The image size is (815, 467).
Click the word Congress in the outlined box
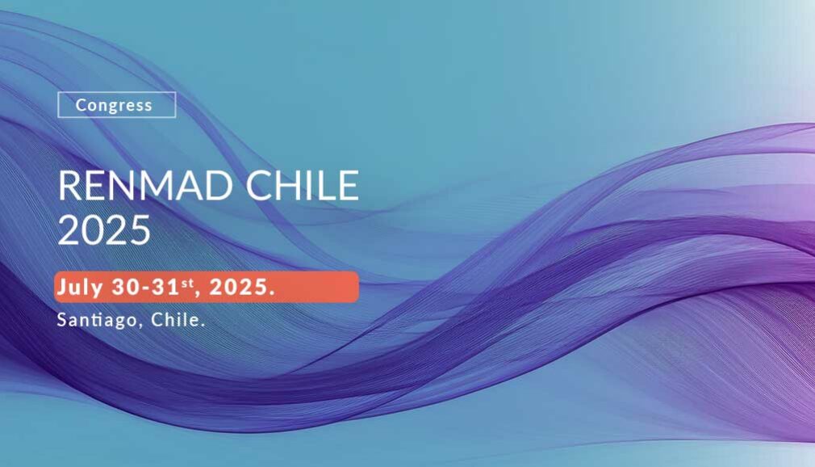(x=114, y=106)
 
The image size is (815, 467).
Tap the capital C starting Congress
(x=81, y=105)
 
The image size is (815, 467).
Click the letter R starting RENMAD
(x=69, y=185)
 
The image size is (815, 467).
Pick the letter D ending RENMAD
(x=220, y=185)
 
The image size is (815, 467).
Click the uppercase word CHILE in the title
(x=302, y=185)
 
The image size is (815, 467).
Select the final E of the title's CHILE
(x=349, y=185)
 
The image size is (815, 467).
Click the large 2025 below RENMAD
(x=104, y=229)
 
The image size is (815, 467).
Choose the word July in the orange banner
(x=80, y=288)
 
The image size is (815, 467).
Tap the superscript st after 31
(x=187, y=283)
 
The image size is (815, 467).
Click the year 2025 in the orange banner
(x=237, y=287)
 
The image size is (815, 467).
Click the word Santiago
(x=97, y=320)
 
